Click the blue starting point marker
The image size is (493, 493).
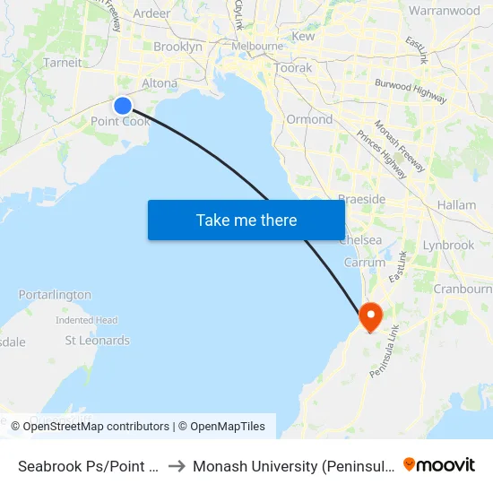[x=123, y=105]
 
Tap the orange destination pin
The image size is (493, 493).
[x=370, y=316]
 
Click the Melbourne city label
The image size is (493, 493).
[x=257, y=46]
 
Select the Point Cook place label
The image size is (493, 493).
[x=120, y=121]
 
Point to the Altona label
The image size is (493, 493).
[x=160, y=82]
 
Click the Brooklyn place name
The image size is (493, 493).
[x=177, y=47]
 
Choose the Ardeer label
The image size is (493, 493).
[x=151, y=13]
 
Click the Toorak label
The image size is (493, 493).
[x=293, y=68]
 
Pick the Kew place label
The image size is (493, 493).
[x=303, y=37]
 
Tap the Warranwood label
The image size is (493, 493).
[x=444, y=12]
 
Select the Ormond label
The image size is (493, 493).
[x=309, y=119]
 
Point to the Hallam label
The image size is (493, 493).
[x=456, y=205]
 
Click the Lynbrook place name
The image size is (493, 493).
[x=448, y=245]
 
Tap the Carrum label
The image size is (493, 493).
[x=365, y=263]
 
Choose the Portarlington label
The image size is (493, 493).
[x=55, y=294]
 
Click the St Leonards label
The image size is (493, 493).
[x=98, y=341]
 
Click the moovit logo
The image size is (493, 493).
[x=439, y=464]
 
